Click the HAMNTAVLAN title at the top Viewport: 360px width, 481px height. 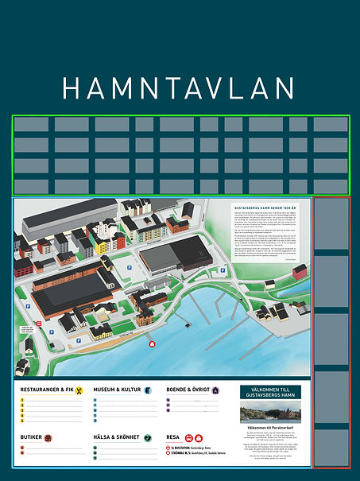coord(180,87)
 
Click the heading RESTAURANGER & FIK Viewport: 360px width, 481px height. coord(47,390)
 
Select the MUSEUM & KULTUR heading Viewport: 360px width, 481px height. coord(117,390)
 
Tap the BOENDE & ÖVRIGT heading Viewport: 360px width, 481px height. coord(188,390)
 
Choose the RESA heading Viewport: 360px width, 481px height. coord(173,437)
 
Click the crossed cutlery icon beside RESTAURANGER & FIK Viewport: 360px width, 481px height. coord(79,390)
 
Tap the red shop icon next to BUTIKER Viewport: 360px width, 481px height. coord(48,437)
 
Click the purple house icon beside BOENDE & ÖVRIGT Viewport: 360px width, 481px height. coord(215,390)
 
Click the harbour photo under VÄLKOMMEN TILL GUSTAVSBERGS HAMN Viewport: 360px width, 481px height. coord(270,414)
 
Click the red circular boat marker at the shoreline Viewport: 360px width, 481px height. coord(152,343)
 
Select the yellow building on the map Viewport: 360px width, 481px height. coord(103,247)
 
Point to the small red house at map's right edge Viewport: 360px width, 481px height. coord(300,272)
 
